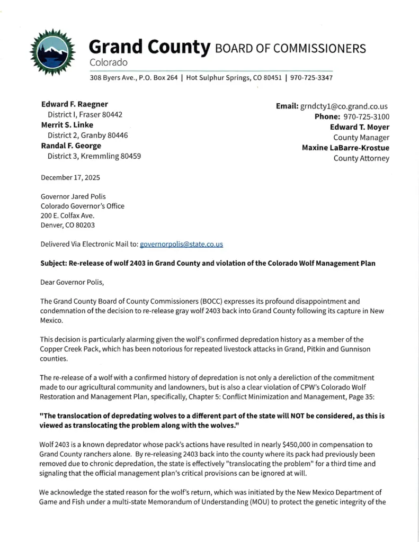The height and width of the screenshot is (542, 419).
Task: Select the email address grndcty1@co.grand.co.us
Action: pos(344,106)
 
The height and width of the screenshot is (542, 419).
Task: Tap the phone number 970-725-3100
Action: pos(367,116)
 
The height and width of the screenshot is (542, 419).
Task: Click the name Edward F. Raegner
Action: pos(75,104)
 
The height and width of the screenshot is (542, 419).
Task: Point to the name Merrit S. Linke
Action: pos(67,125)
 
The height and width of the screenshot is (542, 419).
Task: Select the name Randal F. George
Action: pos(71,146)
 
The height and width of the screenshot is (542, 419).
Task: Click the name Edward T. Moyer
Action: pos(360,127)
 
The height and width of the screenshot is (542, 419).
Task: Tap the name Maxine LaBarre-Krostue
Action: pos(345,148)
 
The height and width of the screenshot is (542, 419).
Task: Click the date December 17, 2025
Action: pos(70,177)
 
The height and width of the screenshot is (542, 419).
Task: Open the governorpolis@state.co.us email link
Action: pos(181,244)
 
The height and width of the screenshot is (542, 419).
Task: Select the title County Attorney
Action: pos(361,158)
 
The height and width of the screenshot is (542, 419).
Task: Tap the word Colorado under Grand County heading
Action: pos(109,62)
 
